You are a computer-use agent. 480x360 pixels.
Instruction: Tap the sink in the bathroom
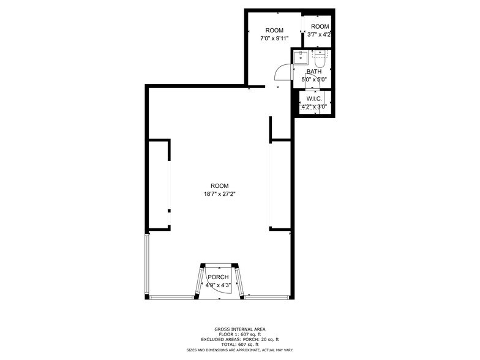(x=301, y=58)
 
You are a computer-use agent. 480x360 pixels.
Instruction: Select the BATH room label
(x=313, y=72)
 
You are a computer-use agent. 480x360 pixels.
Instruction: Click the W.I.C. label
(x=314, y=99)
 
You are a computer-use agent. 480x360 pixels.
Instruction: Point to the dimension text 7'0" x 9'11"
(x=274, y=38)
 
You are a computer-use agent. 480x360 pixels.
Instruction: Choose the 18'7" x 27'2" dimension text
(x=219, y=194)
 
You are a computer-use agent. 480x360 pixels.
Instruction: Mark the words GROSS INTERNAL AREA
(x=239, y=329)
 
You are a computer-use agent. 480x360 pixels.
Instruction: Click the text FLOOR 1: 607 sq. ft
(x=239, y=334)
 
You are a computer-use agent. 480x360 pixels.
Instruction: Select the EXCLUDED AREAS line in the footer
(x=239, y=339)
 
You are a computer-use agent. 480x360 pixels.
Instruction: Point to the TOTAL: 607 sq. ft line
(x=239, y=344)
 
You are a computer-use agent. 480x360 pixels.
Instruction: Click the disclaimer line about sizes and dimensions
(x=239, y=350)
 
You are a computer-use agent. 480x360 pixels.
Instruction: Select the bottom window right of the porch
(x=268, y=298)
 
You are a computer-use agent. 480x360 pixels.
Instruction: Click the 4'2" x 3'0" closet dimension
(x=314, y=107)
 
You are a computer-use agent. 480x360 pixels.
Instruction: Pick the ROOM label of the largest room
(x=219, y=186)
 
